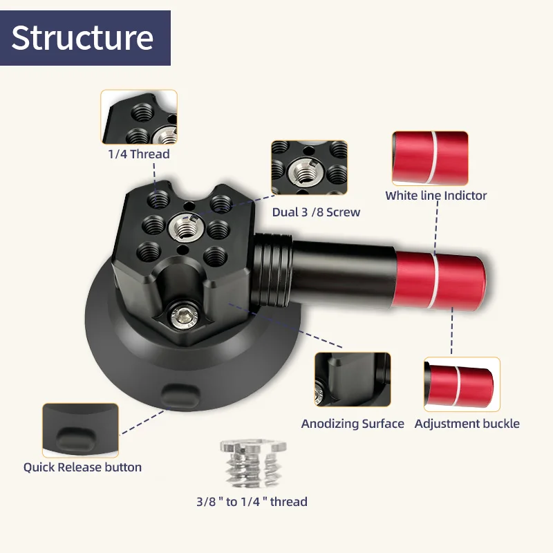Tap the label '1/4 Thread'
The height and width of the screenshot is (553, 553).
138,154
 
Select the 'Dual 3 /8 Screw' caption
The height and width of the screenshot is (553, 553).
316,212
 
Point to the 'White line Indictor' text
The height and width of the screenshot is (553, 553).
436,196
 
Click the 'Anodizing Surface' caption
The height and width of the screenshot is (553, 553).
353,424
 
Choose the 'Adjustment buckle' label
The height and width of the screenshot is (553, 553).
467,424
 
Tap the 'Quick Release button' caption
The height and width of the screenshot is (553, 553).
82,467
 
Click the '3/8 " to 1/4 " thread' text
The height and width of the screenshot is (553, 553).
251,501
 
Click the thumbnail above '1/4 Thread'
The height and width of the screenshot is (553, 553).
139,117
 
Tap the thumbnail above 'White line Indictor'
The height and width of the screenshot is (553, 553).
430,156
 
